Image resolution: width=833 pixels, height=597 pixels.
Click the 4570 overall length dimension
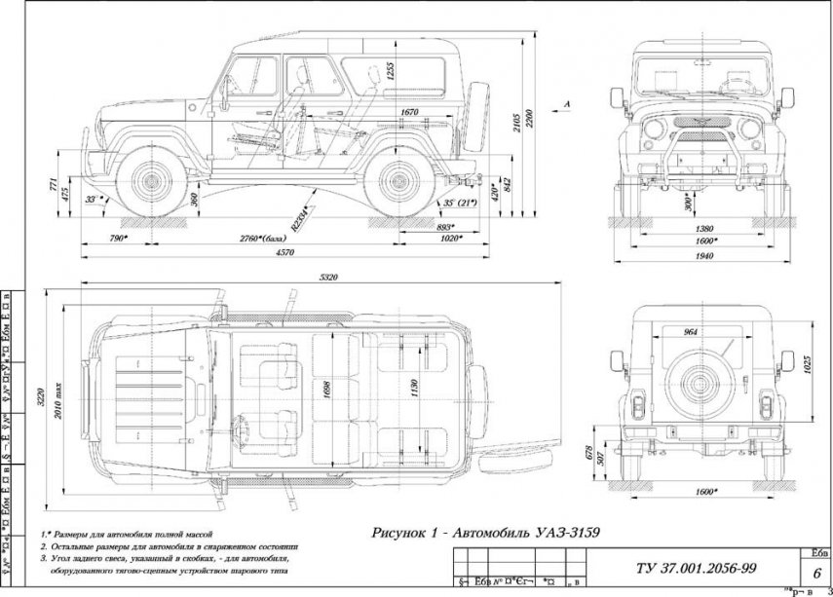(x=284, y=253)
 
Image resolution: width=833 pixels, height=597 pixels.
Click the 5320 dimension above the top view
(x=328, y=279)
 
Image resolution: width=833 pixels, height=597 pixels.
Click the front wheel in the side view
(x=151, y=181)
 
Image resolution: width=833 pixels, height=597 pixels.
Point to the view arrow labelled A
(x=565, y=102)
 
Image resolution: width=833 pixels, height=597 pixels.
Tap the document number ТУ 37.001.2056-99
(x=686, y=568)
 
